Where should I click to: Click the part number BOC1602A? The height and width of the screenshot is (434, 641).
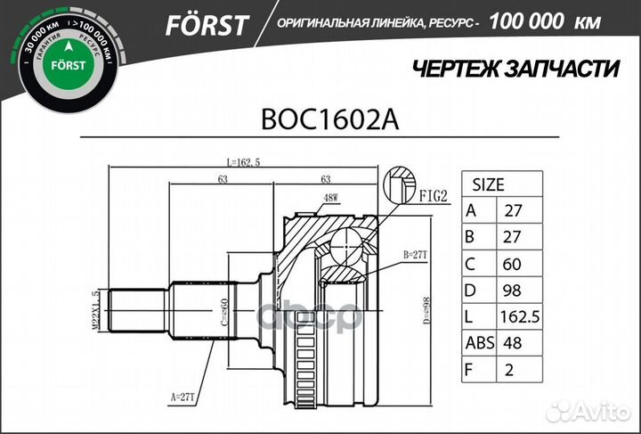click(x=329, y=119)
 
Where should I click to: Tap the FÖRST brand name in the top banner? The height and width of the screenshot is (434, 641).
click(x=206, y=25)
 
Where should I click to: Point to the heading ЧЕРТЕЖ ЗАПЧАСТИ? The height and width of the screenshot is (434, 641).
click(x=516, y=70)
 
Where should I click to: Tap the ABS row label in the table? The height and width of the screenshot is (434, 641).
click(x=478, y=343)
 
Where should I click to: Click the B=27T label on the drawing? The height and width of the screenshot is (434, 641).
click(x=415, y=255)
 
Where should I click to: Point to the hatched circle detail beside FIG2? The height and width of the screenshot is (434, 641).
click(x=398, y=186)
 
